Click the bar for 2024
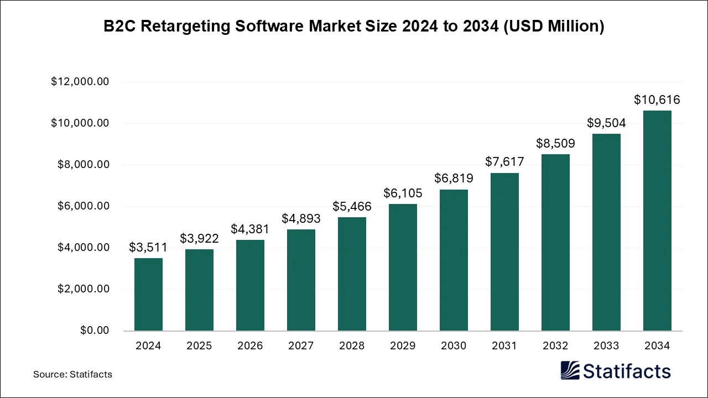click(x=148, y=294)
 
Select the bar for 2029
click(x=403, y=267)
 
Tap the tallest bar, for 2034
click(x=657, y=221)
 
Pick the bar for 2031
click(x=504, y=252)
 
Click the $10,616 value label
click(x=657, y=100)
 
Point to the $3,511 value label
click(x=148, y=248)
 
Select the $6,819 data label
click(x=454, y=179)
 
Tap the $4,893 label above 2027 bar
click(x=301, y=219)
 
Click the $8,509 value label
click(x=555, y=144)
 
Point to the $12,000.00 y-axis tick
click(x=80, y=82)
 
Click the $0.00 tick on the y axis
click(x=95, y=331)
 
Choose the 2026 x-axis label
click(x=250, y=346)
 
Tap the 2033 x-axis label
click(x=606, y=346)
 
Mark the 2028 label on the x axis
click(x=352, y=346)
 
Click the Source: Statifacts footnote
click(x=72, y=374)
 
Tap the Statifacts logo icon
click(x=570, y=370)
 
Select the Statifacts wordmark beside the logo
click(x=627, y=371)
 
